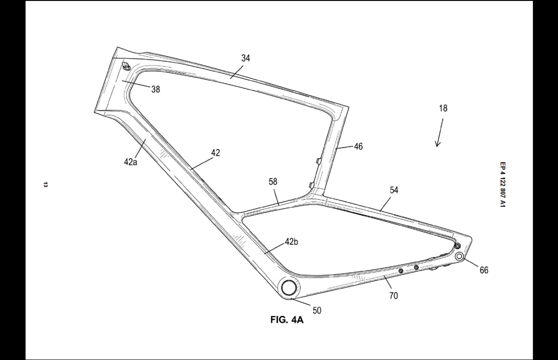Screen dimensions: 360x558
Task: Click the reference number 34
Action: point(246,58)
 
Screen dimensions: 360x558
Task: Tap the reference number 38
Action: point(155,89)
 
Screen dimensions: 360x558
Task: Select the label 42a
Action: point(130,162)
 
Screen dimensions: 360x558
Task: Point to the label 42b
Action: point(291,242)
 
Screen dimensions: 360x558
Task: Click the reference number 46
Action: point(358,146)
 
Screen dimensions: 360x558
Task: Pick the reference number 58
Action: point(273,182)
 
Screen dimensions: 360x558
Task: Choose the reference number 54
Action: point(394,190)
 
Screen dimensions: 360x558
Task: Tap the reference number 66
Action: point(484,270)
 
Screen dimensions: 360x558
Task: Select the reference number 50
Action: point(317,310)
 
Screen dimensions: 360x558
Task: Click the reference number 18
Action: point(443,108)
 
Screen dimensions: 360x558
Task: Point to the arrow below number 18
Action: point(439,133)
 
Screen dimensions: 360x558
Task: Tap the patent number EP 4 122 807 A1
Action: point(503,185)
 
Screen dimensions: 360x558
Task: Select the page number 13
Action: point(45,184)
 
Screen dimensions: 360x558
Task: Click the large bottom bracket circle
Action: point(288,286)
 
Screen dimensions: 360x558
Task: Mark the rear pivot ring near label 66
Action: point(459,256)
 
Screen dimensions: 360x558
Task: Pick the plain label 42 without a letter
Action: point(216,153)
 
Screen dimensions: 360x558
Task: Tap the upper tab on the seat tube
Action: point(318,160)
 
